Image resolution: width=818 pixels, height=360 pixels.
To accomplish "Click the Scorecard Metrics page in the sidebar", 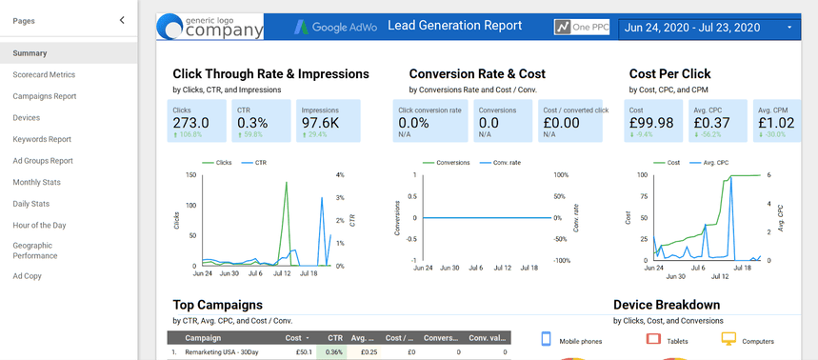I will tap(44, 74).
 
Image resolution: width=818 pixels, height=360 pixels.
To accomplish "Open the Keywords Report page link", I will tap(42, 139).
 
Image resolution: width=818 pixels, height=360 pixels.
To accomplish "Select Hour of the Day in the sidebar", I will tap(39, 225).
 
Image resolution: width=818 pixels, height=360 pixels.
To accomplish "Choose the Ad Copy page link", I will tap(27, 276).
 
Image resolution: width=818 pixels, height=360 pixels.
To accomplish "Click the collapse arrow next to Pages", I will tap(121, 19).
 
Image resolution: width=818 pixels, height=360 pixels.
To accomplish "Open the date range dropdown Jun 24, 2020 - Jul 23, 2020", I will tap(708, 28).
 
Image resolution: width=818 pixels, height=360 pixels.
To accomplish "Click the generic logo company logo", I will tap(209, 27).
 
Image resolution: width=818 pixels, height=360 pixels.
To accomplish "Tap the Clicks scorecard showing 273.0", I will tap(191, 123).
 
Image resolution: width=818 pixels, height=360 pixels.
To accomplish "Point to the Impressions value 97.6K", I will tap(321, 123).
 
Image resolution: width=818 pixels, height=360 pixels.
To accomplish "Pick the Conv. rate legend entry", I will tap(506, 163).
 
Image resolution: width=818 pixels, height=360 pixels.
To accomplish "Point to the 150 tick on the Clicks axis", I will tap(191, 175).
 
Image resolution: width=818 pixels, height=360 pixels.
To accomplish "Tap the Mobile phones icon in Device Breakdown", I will tap(548, 340).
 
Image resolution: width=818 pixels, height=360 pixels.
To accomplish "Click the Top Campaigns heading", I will tap(217, 305).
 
